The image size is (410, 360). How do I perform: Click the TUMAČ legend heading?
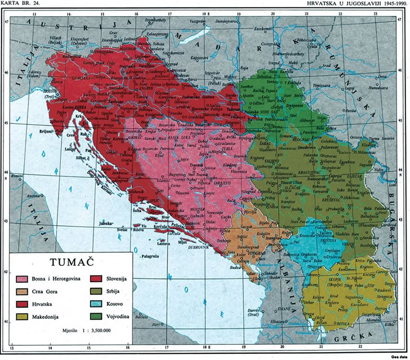coord(72,262)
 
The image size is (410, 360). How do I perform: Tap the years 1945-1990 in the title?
coord(391,3)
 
